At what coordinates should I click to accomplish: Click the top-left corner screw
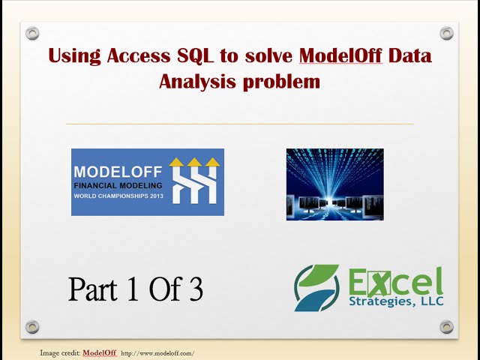point(32,33)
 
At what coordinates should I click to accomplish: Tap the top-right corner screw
point(446,33)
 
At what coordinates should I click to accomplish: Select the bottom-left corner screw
point(32,326)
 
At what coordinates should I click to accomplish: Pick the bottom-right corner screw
point(446,326)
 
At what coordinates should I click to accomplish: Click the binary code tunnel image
point(334,184)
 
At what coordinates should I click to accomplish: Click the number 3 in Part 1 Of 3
point(196,289)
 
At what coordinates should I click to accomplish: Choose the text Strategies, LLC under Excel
point(395,301)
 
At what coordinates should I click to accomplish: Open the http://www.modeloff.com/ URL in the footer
point(157,352)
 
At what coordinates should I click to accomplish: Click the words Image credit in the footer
point(59,352)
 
